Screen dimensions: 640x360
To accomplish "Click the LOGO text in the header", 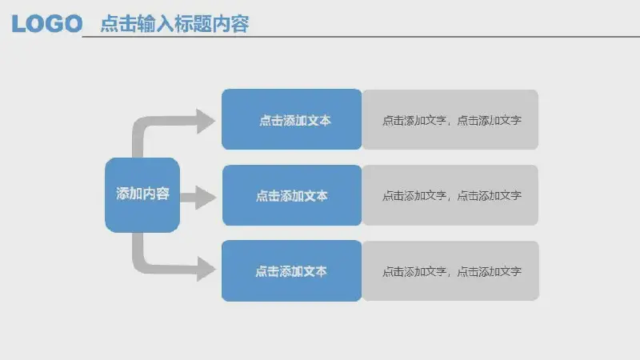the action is click(x=47, y=24).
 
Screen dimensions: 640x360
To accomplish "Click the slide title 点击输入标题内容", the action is click(x=174, y=24).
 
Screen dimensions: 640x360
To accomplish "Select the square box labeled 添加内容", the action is click(x=142, y=195).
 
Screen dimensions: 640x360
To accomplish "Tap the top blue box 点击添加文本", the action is click(x=291, y=119).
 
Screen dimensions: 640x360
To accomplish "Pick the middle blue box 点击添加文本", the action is click(x=292, y=195).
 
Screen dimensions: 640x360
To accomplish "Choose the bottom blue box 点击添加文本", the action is click(x=291, y=271).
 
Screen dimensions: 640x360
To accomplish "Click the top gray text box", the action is click(x=450, y=119).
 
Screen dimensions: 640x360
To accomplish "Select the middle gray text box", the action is click(x=450, y=195).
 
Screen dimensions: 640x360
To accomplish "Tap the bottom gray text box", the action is click(x=450, y=271).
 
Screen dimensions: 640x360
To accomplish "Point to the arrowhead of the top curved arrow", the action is click(x=206, y=122).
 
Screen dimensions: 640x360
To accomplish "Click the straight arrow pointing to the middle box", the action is click(x=198, y=198).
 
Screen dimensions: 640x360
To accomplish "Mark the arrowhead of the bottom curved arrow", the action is click(x=206, y=269).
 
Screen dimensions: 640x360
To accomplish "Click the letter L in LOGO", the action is click(x=17, y=24).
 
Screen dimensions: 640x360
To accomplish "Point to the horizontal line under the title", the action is click(x=361, y=37).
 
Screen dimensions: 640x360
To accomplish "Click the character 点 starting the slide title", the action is click(x=109, y=24).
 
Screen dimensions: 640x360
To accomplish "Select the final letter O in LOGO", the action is click(x=74, y=24).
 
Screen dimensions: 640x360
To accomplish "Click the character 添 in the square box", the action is click(x=123, y=194).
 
